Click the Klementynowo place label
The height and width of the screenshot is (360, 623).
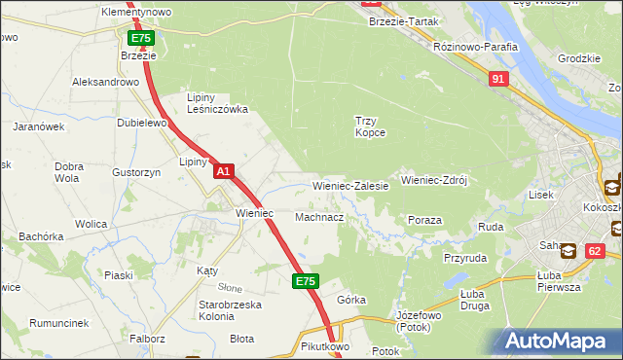(136, 12)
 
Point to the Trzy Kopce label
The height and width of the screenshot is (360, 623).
(370, 126)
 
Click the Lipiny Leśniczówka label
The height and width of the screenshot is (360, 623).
(217, 103)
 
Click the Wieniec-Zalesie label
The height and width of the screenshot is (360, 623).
(350, 185)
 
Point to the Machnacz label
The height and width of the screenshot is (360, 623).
(318, 217)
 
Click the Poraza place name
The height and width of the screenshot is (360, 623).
(425, 220)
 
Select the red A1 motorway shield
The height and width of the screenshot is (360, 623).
(223, 171)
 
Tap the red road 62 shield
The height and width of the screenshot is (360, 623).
(595, 250)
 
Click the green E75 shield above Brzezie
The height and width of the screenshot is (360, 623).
(140, 38)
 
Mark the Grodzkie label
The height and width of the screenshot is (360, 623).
(578, 58)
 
